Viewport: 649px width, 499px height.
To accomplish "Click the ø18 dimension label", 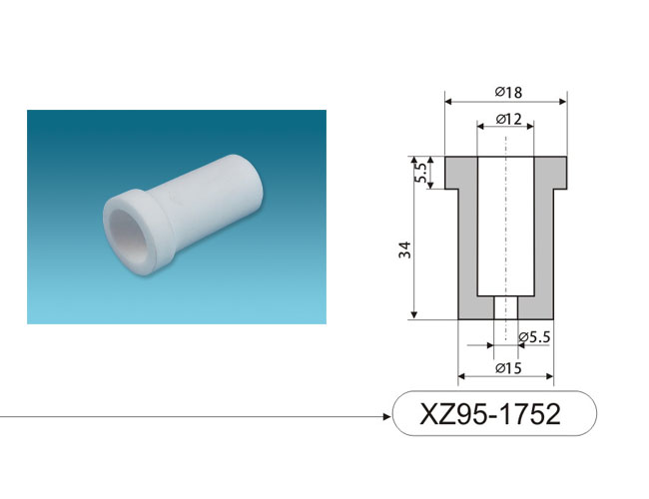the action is (x=508, y=92).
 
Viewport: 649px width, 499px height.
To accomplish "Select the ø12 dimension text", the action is (x=508, y=119).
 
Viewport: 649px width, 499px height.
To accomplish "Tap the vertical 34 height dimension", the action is (x=405, y=249).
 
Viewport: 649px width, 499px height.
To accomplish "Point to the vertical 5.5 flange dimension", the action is (x=419, y=173).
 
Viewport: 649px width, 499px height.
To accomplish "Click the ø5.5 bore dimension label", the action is (x=534, y=337).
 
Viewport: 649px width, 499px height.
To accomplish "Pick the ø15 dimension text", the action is (x=508, y=367).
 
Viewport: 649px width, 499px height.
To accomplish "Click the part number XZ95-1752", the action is (x=490, y=413).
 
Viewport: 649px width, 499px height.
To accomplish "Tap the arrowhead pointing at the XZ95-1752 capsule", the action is (x=387, y=416).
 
